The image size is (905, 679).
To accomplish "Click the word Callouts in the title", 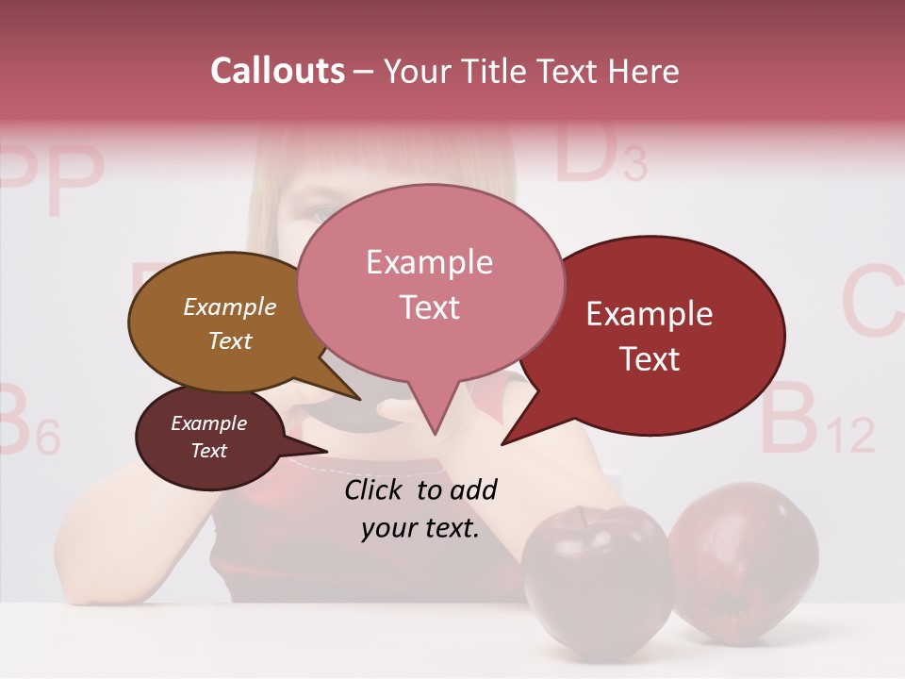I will pyautogui.click(x=277, y=71).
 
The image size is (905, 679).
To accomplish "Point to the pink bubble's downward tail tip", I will pyautogui.click(x=435, y=433).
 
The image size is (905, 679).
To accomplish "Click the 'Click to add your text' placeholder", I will pyautogui.click(x=420, y=509).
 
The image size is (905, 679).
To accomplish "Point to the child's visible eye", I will pyautogui.click(x=321, y=213).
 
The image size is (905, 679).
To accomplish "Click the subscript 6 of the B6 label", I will pyautogui.click(x=48, y=438).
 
